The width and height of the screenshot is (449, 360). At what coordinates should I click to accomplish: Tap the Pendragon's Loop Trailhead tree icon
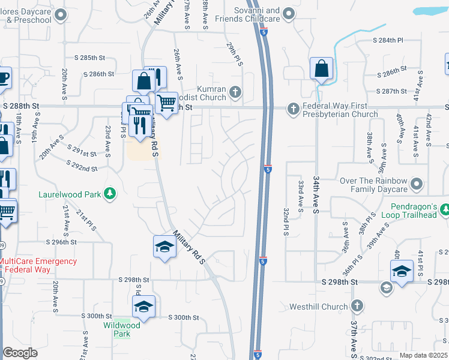(445, 209)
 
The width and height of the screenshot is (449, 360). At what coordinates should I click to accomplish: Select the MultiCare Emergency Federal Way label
(38, 265)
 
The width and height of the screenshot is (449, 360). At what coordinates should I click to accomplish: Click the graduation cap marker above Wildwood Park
(143, 307)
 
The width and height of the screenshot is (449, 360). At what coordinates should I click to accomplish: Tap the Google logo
(20, 353)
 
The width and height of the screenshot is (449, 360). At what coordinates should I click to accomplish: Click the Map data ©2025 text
(423, 355)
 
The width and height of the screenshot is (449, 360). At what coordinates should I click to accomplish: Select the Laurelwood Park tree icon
(110, 193)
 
